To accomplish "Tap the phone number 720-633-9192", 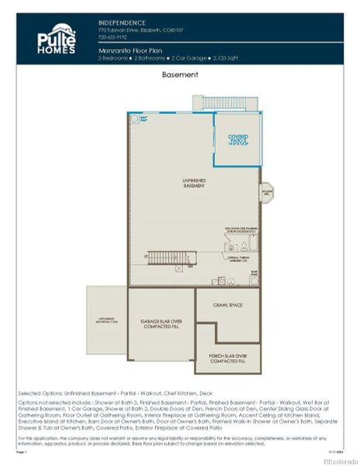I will point(111,37).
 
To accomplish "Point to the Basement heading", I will point(180,75).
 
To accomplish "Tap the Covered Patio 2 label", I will point(237,140).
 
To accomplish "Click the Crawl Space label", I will point(227,305).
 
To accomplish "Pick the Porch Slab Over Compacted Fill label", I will point(227,359).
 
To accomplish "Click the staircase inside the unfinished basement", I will point(167,257).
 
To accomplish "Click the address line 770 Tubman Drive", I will point(139,30).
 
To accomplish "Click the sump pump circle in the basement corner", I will point(133,117).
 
